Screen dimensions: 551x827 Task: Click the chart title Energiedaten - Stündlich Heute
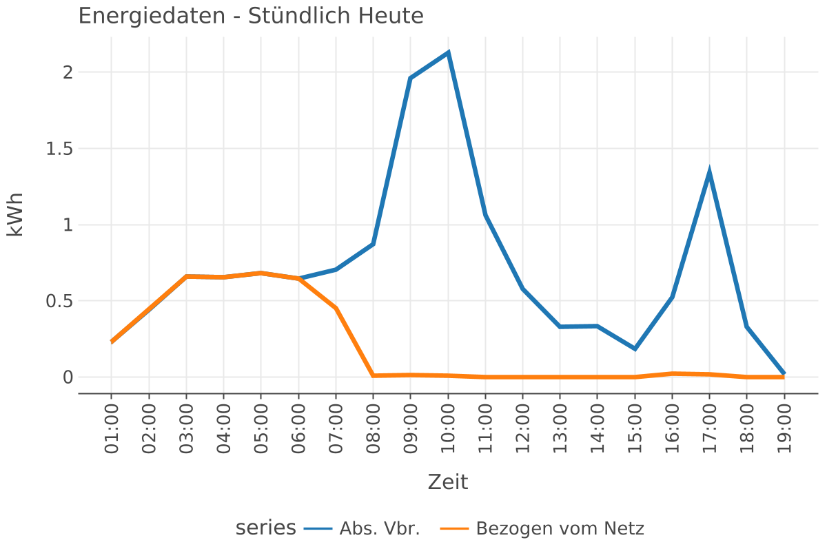[x=251, y=15]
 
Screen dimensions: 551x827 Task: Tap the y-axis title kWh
[x=15, y=214]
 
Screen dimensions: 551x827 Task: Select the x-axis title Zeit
[x=448, y=482]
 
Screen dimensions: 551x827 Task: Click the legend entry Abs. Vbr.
[x=380, y=529]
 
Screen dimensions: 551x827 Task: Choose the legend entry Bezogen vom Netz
[x=560, y=529]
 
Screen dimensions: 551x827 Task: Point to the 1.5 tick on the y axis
[x=59, y=149]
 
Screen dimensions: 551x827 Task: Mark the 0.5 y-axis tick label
[x=59, y=301]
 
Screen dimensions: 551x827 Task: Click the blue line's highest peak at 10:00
[x=448, y=52]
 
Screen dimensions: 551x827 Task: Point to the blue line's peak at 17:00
[x=709, y=172]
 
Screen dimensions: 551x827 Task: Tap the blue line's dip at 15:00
[x=635, y=349]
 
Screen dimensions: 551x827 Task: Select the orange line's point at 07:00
[x=336, y=308]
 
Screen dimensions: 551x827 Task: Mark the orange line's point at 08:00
[x=373, y=375]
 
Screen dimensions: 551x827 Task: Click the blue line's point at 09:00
[x=411, y=79]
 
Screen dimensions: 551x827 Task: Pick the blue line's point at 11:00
[x=485, y=215]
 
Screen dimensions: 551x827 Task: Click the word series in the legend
[x=266, y=529]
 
